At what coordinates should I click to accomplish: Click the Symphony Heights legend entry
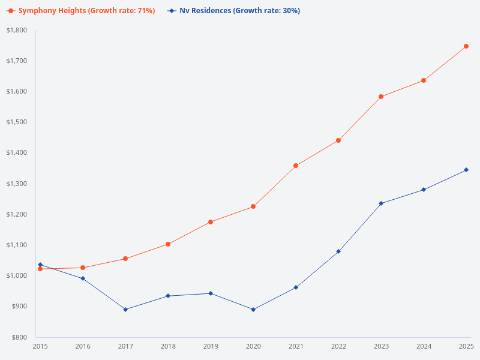point(81,11)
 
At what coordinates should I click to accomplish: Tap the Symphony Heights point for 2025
point(466,46)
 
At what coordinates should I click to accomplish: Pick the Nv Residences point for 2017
point(125,310)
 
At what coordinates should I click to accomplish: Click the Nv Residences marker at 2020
point(253,310)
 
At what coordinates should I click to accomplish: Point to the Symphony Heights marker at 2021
point(296,166)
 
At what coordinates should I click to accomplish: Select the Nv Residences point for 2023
point(381,203)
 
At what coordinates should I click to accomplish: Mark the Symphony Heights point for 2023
point(381,97)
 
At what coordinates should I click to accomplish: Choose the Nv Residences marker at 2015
point(40,265)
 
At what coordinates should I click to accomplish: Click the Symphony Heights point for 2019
point(211,222)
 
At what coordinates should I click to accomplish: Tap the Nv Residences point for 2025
point(466,170)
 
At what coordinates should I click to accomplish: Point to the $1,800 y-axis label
point(17,30)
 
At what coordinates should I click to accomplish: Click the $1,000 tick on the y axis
point(17,275)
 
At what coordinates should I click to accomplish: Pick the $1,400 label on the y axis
point(17,153)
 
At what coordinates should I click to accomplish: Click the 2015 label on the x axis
point(40,346)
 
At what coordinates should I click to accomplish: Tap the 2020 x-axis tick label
point(253,346)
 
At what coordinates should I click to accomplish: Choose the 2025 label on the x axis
point(466,346)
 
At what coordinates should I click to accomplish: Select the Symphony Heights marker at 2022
point(338,140)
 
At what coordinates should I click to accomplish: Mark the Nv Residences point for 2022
point(338,251)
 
